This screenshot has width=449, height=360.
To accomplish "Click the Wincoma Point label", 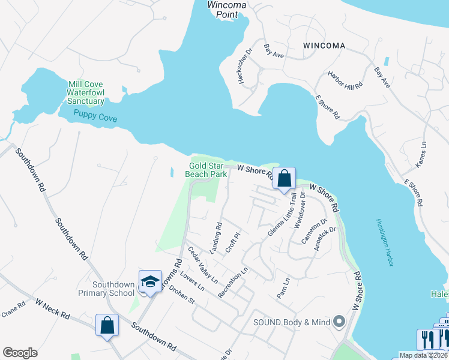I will pyautogui.click(x=227, y=10).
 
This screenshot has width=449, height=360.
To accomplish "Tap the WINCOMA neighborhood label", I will pyautogui.click(x=324, y=46).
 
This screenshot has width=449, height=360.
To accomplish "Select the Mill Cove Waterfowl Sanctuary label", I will pyautogui.click(x=86, y=93).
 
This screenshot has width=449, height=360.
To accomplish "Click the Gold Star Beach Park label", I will pyautogui.click(x=206, y=170).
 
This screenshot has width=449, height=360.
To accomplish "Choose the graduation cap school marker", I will pyautogui.click(x=150, y=281).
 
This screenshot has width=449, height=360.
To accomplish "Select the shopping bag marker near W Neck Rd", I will pyautogui.click(x=107, y=325).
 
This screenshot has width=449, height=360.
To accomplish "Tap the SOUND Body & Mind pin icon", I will pyautogui.click(x=339, y=322).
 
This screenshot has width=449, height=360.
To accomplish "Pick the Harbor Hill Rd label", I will pyautogui.click(x=345, y=81).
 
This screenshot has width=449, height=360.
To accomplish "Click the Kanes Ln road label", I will pyautogui.click(x=421, y=154).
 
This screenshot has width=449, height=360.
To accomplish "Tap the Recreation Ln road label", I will pyautogui.click(x=233, y=283).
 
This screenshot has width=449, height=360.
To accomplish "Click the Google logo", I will pyautogui.click(x=20, y=353).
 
